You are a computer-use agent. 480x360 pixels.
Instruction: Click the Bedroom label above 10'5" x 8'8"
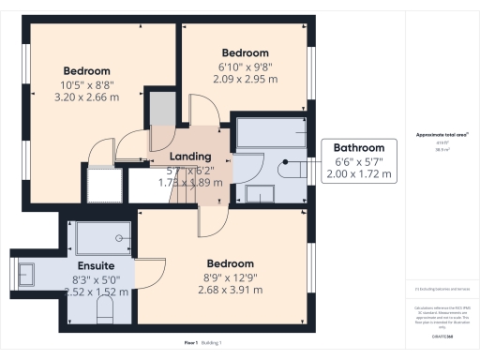87,71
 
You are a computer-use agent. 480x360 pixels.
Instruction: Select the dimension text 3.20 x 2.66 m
87,97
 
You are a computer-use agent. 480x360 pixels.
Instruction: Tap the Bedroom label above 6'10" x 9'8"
246,52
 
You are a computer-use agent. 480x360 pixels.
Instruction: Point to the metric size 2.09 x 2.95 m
246,80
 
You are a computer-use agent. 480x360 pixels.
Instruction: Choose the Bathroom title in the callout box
360,148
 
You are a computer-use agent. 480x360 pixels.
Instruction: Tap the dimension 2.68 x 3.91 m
232,290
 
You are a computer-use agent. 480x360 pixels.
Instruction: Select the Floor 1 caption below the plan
190,344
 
